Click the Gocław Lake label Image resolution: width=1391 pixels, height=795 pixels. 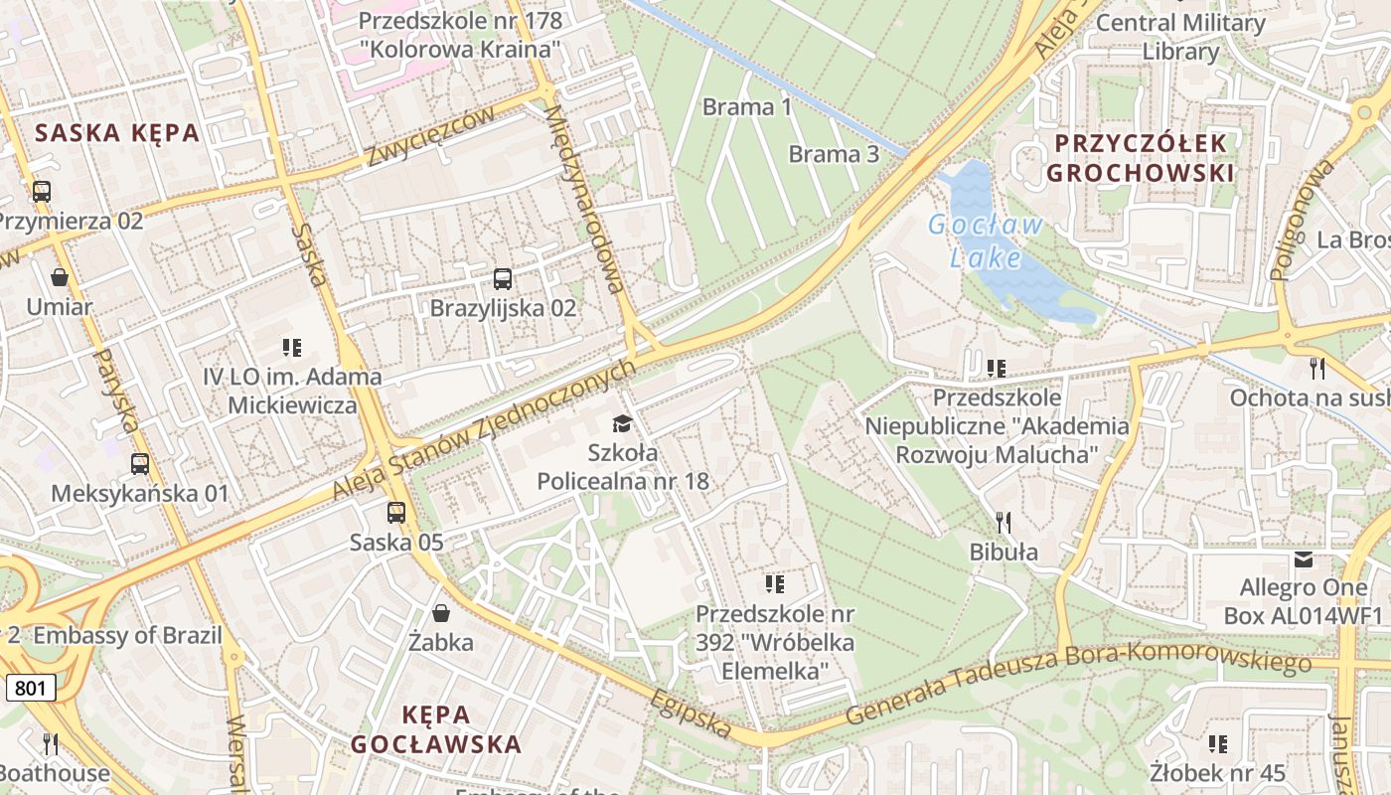(985, 240)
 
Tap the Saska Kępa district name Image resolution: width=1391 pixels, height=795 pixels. (117, 133)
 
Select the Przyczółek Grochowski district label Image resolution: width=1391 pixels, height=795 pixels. (1141, 158)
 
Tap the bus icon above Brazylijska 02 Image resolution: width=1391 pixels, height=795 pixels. (503, 279)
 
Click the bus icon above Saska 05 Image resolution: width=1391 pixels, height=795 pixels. (396, 513)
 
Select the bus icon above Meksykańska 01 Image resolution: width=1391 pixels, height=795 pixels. (140, 464)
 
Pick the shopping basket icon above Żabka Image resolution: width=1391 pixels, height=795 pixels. (440, 613)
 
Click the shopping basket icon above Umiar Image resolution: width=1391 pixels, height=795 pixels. (60, 277)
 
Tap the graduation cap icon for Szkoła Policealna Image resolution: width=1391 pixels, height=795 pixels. (622, 424)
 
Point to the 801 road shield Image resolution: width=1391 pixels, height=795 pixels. (30, 688)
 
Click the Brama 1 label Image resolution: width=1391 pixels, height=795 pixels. (747, 106)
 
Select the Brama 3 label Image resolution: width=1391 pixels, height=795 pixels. (834, 154)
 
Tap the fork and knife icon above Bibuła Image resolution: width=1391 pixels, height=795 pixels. (1004, 522)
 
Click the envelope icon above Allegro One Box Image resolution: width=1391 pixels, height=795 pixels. (1303, 559)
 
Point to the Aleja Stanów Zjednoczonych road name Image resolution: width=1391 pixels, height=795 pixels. (484, 430)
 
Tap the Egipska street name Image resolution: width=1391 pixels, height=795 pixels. (692, 714)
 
